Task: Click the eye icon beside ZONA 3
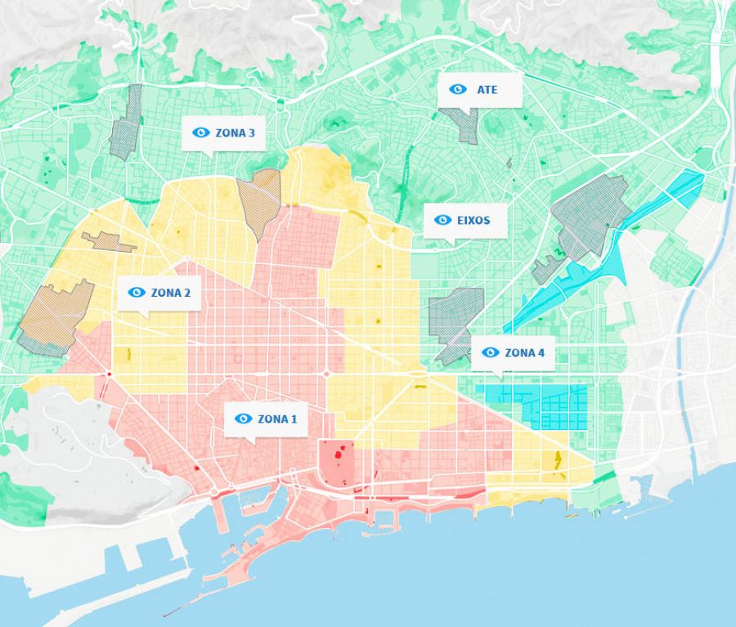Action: (201, 132)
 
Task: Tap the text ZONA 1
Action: (277, 419)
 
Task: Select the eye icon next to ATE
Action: (458, 89)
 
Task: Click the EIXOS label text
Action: (474, 220)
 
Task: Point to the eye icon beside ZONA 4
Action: (491, 352)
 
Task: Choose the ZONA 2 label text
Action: (170, 292)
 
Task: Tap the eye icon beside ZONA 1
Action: (243, 419)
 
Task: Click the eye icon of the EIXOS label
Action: (442, 220)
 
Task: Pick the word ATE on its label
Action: (487, 89)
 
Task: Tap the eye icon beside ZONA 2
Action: (137, 292)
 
